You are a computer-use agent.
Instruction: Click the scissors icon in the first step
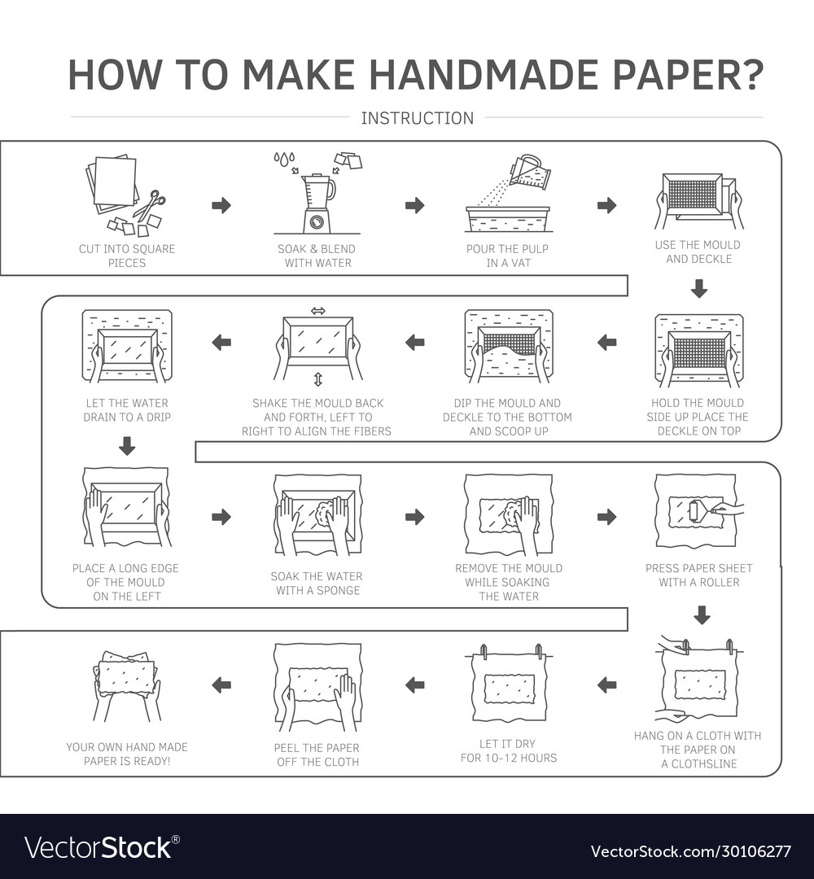[149, 205]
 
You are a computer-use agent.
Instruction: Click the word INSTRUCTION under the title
[417, 118]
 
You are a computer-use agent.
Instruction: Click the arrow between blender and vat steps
[414, 205]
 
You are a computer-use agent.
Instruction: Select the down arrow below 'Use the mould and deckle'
[698, 288]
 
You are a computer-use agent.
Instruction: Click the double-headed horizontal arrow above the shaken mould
[317, 311]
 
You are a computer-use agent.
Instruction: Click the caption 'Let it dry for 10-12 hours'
[508, 750]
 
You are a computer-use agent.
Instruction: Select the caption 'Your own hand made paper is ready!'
[126, 754]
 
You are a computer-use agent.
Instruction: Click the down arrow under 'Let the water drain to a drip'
[127, 446]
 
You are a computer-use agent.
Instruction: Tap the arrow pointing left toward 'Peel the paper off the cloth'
[414, 684]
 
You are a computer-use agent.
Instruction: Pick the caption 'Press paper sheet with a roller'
[698, 575]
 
